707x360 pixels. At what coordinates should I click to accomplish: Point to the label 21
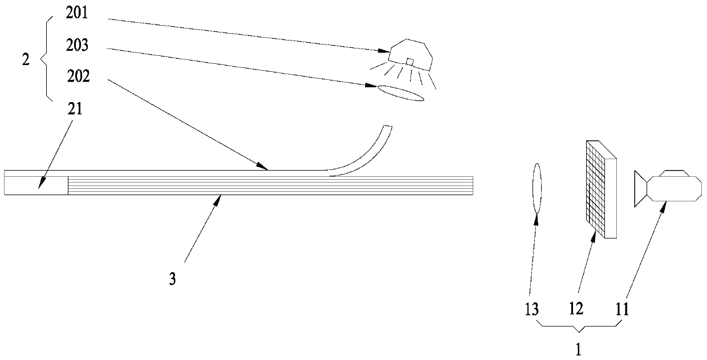(x=75, y=110)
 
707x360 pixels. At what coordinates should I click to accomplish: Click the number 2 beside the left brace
(x=25, y=60)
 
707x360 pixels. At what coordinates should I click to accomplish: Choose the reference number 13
(x=531, y=309)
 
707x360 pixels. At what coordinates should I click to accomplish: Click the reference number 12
(x=576, y=309)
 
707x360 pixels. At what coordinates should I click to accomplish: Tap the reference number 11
(x=621, y=309)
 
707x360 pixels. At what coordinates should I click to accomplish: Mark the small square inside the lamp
(x=409, y=62)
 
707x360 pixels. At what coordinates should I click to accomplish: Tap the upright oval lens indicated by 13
(x=536, y=188)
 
